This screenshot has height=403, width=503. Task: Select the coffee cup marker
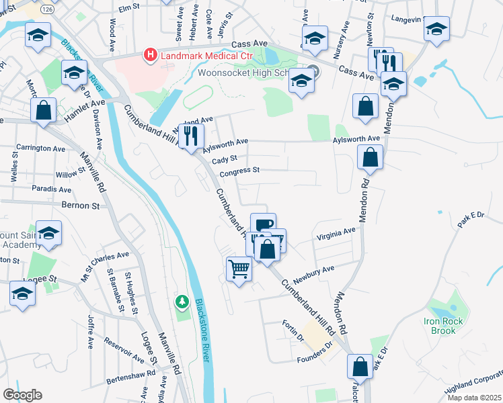264,225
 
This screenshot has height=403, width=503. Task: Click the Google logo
22,395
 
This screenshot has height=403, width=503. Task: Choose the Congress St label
239,171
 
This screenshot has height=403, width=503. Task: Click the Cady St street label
225,159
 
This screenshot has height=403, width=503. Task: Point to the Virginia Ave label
335,231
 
